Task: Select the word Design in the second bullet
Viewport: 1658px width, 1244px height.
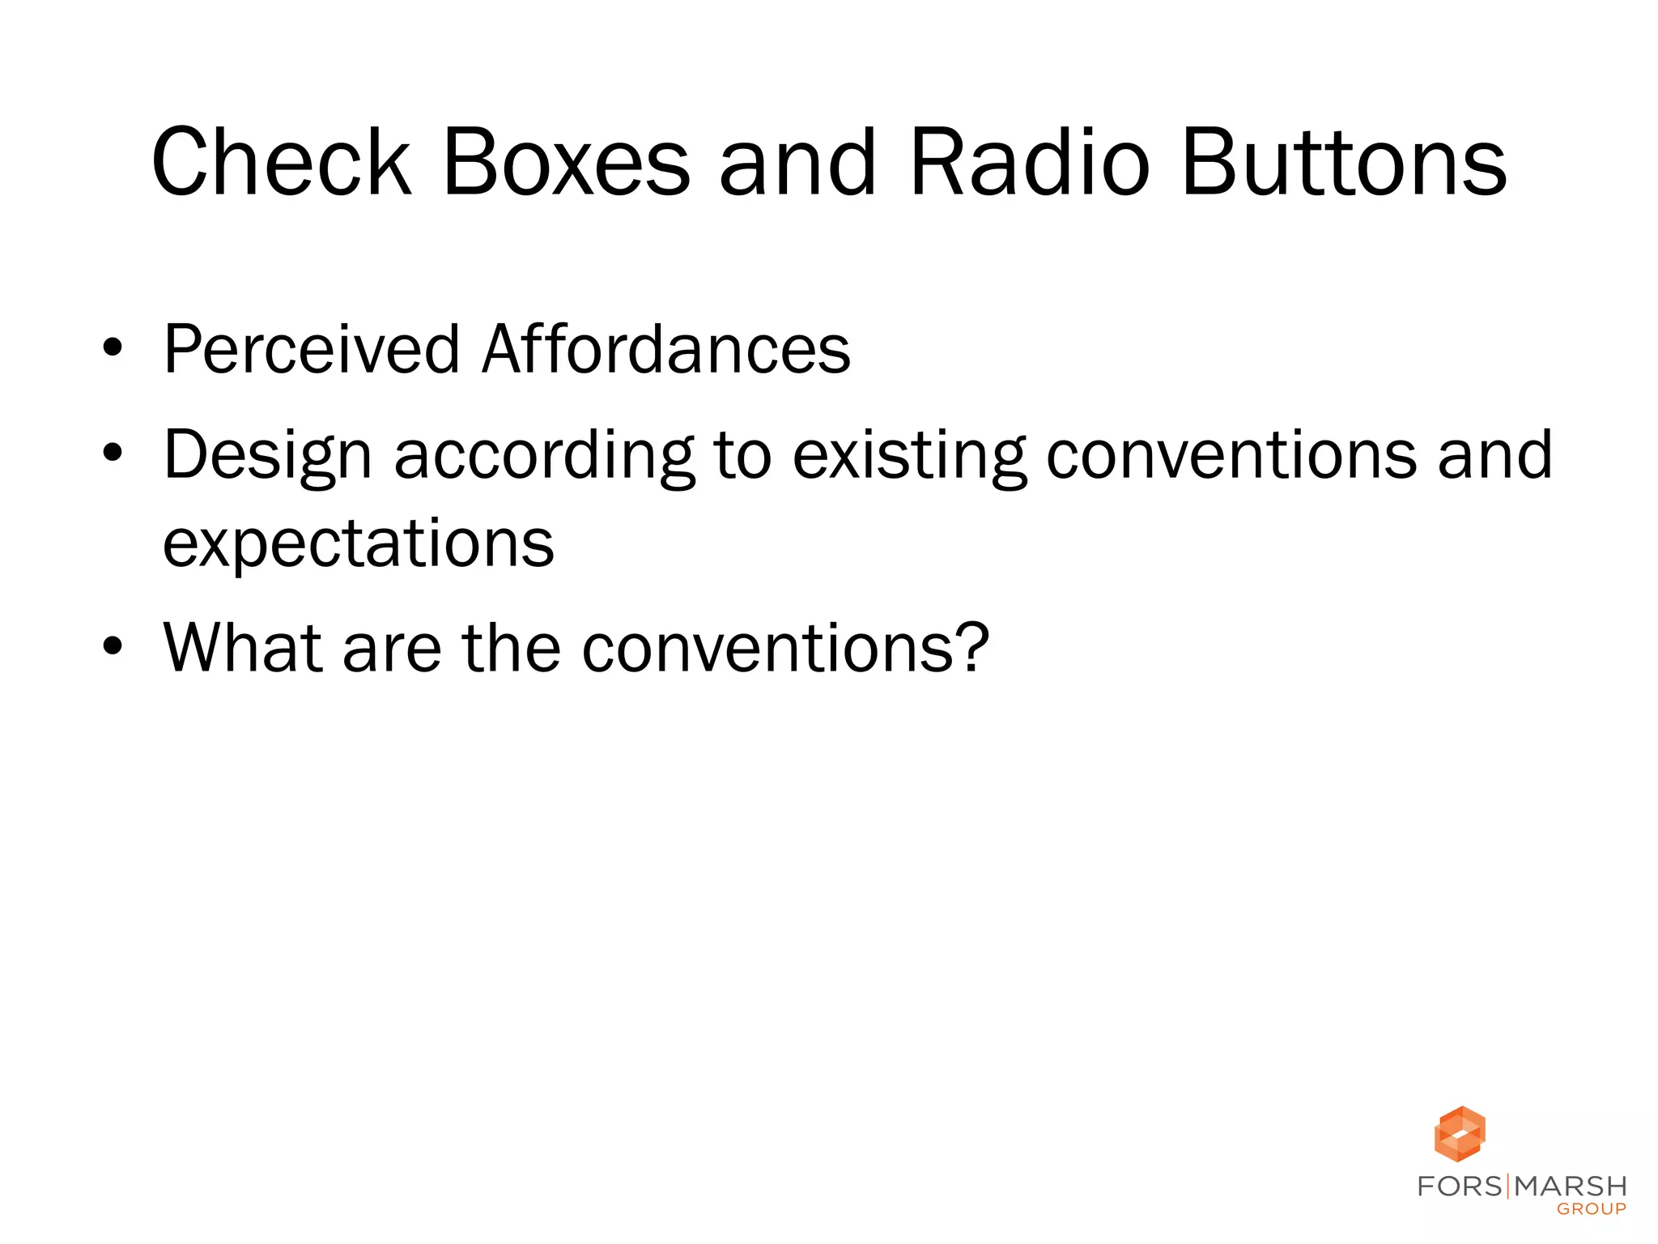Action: tap(267, 456)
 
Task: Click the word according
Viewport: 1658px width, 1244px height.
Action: tap(543, 456)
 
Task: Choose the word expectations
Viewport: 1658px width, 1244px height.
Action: tap(359, 543)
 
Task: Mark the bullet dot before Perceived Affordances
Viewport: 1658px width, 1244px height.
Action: tap(113, 349)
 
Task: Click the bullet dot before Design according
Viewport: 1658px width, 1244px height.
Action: tap(113, 454)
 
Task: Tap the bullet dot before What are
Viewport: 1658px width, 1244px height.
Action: tap(113, 646)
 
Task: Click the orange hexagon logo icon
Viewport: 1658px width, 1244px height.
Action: tap(1460, 1134)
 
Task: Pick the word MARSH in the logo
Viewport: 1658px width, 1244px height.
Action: tap(1571, 1186)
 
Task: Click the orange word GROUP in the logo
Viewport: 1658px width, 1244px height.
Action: tap(1591, 1209)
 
